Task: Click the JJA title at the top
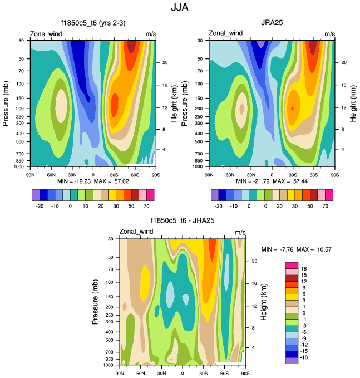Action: pos(180,8)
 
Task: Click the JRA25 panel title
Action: pos(272,23)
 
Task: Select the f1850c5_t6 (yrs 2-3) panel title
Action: pos(93,23)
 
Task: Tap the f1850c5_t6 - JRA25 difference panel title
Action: pos(183,221)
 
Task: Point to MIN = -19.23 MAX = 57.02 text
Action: pos(93,181)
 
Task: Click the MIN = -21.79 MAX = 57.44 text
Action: pos(272,181)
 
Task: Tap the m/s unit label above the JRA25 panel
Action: pos(329,34)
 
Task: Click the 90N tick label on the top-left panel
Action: pos(31,174)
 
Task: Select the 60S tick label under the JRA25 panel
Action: pos(314,174)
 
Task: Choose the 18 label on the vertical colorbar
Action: pos(304,269)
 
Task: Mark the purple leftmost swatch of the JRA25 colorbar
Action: pos(215,194)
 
